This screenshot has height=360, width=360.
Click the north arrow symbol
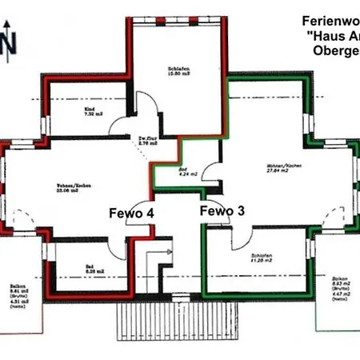pyautogui.click(x=6, y=38)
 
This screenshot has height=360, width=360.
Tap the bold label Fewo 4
pyautogui.click(x=131, y=213)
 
